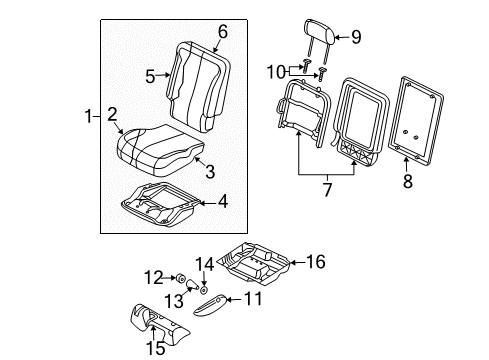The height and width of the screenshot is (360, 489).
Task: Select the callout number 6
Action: pyautogui.click(x=223, y=32)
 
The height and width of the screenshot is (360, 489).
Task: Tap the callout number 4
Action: pyautogui.click(x=223, y=201)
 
